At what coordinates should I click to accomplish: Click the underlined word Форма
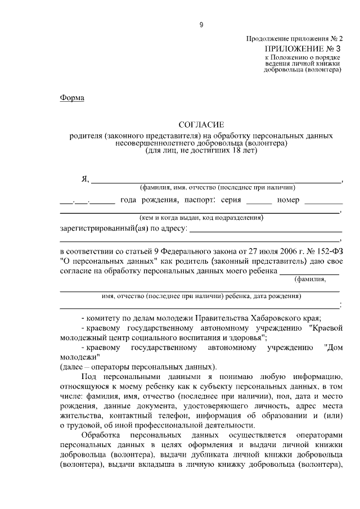tap(72, 97)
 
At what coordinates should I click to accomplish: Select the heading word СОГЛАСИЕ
tap(201, 124)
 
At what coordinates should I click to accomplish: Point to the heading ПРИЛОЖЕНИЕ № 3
tap(303, 49)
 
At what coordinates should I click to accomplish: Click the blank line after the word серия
tap(259, 201)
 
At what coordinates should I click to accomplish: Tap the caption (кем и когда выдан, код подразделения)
tap(201, 218)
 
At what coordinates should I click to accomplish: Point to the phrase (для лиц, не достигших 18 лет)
tap(201, 151)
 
